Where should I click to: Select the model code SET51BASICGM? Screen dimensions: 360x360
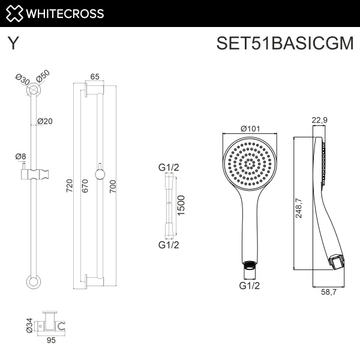click(x=285, y=44)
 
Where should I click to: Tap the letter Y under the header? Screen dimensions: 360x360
click(x=11, y=44)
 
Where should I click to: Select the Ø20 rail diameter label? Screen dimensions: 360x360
click(x=45, y=121)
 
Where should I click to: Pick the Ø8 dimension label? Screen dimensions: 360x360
click(x=20, y=157)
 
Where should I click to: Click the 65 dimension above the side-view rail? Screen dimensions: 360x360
click(x=95, y=76)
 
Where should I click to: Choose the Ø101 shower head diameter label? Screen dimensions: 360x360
click(x=249, y=128)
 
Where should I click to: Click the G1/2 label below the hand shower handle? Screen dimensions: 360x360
click(x=249, y=286)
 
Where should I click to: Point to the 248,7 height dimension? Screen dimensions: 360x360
click(x=299, y=210)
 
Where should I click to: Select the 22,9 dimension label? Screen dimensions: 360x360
click(x=320, y=120)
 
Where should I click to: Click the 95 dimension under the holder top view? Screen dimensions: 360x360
click(x=51, y=341)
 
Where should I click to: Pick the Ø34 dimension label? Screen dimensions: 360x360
click(x=31, y=325)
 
